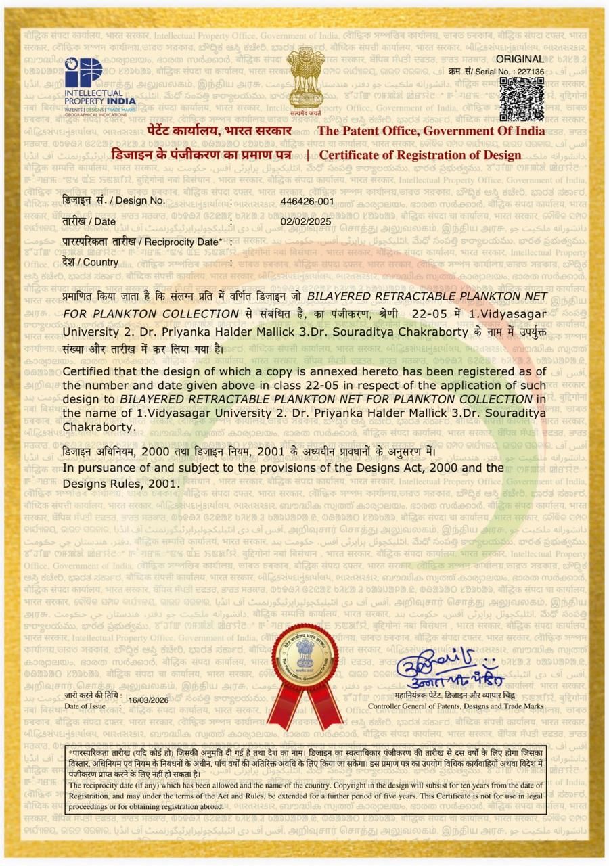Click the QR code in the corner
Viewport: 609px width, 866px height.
click(x=522, y=99)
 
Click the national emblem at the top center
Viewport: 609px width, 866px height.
click(x=304, y=80)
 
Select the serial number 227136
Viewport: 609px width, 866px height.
click(x=530, y=71)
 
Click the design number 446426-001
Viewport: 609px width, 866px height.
click(x=307, y=201)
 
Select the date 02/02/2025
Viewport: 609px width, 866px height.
click(x=306, y=221)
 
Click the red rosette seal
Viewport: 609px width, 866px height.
click(x=304, y=670)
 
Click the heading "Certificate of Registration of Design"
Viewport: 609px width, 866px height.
click(x=420, y=155)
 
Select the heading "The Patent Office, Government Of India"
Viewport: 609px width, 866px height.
click(x=431, y=131)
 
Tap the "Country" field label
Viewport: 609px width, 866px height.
click(x=91, y=262)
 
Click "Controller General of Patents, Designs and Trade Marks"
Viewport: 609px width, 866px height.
click(x=455, y=706)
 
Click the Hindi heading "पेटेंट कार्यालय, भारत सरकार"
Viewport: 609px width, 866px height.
click(x=219, y=131)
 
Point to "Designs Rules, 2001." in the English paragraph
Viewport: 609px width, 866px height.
click(x=121, y=483)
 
